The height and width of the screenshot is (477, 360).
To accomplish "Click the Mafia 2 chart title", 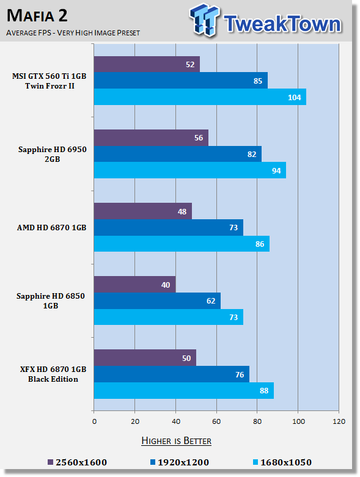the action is [37, 15].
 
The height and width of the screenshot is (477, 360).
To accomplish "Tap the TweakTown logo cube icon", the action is [204, 20].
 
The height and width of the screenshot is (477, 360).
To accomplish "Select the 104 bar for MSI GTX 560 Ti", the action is [200, 97].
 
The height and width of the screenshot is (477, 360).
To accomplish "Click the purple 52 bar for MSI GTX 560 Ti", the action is [147, 64].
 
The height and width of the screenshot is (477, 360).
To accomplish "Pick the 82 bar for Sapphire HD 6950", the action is [178, 154].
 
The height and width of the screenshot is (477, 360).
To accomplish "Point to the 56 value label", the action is [199, 138].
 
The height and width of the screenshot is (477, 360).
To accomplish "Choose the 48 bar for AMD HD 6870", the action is [143, 211].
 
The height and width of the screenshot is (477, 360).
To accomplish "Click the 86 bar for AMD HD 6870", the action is [182, 244].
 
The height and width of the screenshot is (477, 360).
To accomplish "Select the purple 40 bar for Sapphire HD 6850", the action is [135, 285].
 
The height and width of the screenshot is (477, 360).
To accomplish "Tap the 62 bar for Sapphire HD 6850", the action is [157, 301].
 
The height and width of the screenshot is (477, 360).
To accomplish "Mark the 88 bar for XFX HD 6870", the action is [184, 390].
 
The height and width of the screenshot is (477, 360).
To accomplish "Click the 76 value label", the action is [240, 374].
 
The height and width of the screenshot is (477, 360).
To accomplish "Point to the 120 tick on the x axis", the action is [339, 421].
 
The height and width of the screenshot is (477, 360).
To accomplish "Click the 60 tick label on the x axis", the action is [216, 421].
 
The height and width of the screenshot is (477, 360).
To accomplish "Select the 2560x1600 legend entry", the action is [77, 462].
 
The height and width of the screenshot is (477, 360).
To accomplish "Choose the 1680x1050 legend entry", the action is [282, 462].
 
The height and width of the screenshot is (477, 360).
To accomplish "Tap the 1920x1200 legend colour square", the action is [153, 462].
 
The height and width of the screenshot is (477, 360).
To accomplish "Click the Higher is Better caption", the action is [176, 441].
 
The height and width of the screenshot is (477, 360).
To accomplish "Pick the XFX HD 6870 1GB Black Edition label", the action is [53, 374].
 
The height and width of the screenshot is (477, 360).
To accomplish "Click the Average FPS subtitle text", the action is [73, 32].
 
